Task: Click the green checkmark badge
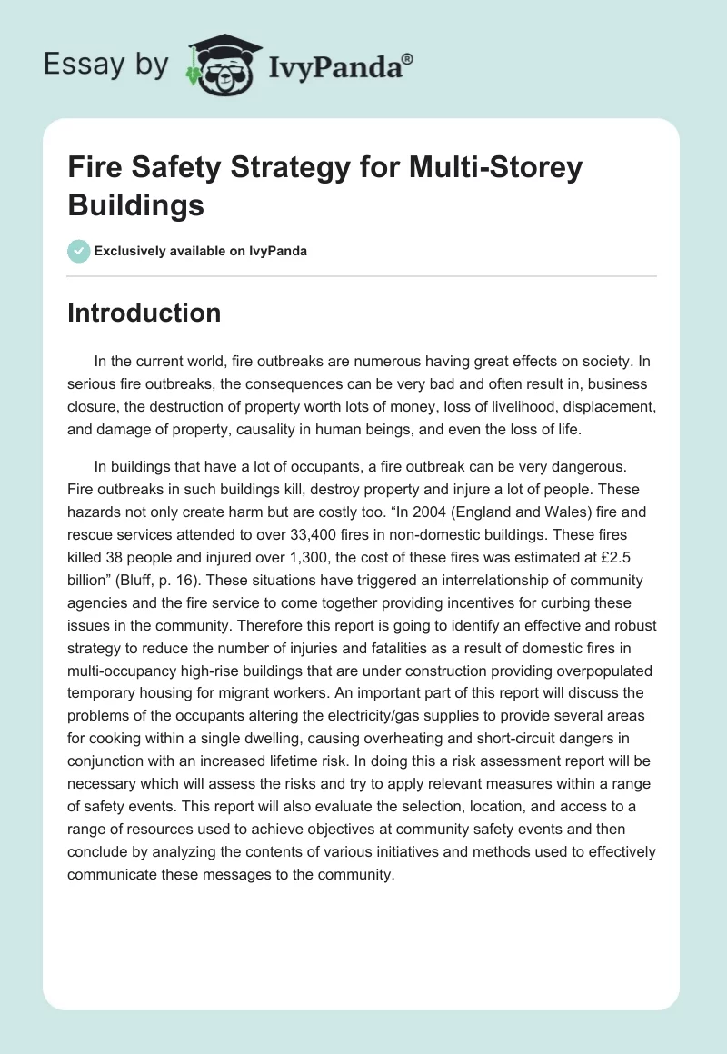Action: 79,251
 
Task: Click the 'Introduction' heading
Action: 144,313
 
